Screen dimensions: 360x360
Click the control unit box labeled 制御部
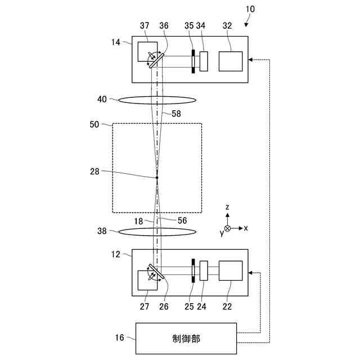pos(186,338)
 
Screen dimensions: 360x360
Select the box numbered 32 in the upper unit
pos(231,61)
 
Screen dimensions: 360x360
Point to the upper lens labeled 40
pos(157,100)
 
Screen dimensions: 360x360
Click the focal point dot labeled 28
pos(157,178)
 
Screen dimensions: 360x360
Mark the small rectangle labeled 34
pos(204,61)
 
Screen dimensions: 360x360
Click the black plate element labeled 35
pos(193,61)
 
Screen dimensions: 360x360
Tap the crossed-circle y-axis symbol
pos(227,228)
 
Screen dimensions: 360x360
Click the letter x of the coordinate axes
pos(246,228)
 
